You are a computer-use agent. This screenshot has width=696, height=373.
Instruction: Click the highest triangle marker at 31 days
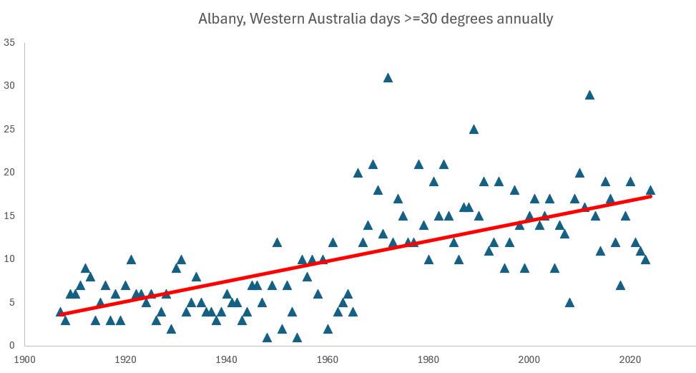pos(388,78)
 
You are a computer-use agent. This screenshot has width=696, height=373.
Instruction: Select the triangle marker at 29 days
pos(589,95)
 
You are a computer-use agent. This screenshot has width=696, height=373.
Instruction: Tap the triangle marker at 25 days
pos(474,130)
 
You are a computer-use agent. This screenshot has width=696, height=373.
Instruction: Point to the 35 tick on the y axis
pos(9,43)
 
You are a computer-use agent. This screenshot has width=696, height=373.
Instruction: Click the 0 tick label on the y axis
pos(12,346)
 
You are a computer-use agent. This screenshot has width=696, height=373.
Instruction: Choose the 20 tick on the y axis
pos(9,173)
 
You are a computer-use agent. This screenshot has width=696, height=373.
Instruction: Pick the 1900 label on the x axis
pos(25,359)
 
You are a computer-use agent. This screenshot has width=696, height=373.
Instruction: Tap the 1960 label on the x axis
pos(328,359)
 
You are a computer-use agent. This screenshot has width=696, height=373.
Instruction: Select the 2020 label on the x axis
pos(630,359)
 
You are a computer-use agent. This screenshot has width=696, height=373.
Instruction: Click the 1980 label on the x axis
pos(428,359)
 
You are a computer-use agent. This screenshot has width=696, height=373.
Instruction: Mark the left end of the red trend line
pos(60,314)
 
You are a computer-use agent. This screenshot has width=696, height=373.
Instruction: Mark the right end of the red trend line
pos(650,195)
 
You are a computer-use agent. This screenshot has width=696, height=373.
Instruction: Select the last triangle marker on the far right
pos(650,190)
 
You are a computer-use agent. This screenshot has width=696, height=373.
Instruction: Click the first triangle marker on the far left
pos(60,312)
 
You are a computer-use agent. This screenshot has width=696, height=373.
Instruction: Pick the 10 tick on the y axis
pos(9,259)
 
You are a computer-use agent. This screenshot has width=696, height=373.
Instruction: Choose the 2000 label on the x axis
pos(529,359)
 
